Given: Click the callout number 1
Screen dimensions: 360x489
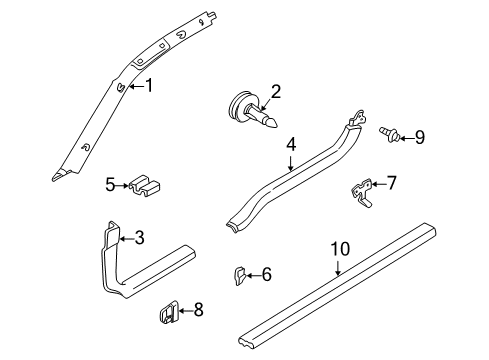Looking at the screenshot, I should pyautogui.click(x=149, y=86).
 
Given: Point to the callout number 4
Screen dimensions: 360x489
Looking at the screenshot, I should pyautogui.click(x=290, y=144).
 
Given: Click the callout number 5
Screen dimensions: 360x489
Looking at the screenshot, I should pyautogui.click(x=110, y=184).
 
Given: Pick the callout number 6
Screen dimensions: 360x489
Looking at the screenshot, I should pyautogui.click(x=266, y=274).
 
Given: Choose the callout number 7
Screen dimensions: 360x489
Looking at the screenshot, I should pyautogui.click(x=392, y=182).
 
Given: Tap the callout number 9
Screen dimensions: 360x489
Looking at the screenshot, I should pyautogui.click(x=419, y=137).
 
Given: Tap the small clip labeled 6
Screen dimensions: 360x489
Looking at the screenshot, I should pyautogui.click(x=240, y=274).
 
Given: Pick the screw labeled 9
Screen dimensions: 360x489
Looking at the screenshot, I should pyautogui.click(x=388, y=132).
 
